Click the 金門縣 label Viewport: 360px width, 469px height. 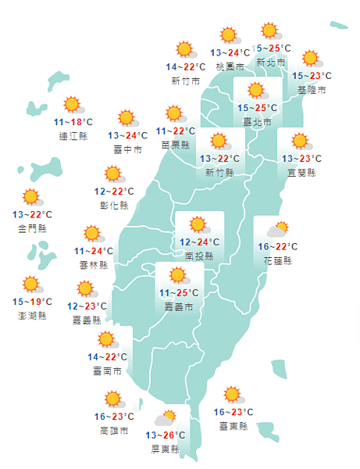(32, 228)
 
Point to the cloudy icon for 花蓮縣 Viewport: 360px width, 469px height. (278, 230)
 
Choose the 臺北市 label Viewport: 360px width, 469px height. (257, 122)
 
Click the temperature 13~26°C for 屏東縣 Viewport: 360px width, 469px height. (165, 435)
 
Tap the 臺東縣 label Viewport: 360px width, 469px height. (233, 426)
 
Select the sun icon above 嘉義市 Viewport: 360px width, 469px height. (179, 276)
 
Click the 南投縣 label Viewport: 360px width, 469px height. (199, 255)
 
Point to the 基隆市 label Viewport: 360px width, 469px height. (312, 91)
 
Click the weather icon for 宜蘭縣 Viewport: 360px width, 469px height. (300, 141)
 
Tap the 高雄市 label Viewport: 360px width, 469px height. (114, 431)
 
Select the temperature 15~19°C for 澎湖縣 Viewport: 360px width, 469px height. (32, 302)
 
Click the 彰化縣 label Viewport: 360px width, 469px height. (114, 206)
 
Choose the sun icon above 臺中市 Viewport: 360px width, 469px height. (127, 118)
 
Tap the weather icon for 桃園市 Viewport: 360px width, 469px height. (229, 35)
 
